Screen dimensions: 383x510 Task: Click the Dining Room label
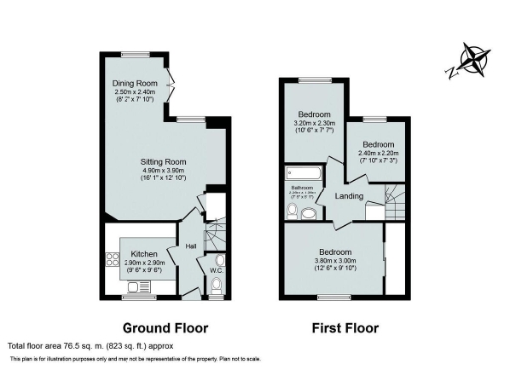coord(134,84)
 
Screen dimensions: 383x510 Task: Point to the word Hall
coord(190,246)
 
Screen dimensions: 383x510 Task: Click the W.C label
coord(215,270)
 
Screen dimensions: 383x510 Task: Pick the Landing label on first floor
coord(349,197)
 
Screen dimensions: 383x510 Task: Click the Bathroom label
coord(302,187)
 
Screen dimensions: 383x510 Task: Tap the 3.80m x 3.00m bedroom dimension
coord(332,261)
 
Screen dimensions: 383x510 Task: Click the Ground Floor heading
coord(164,327)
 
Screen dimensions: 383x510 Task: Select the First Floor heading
coord(345,327)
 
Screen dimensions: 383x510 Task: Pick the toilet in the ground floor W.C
coord(217,286)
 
